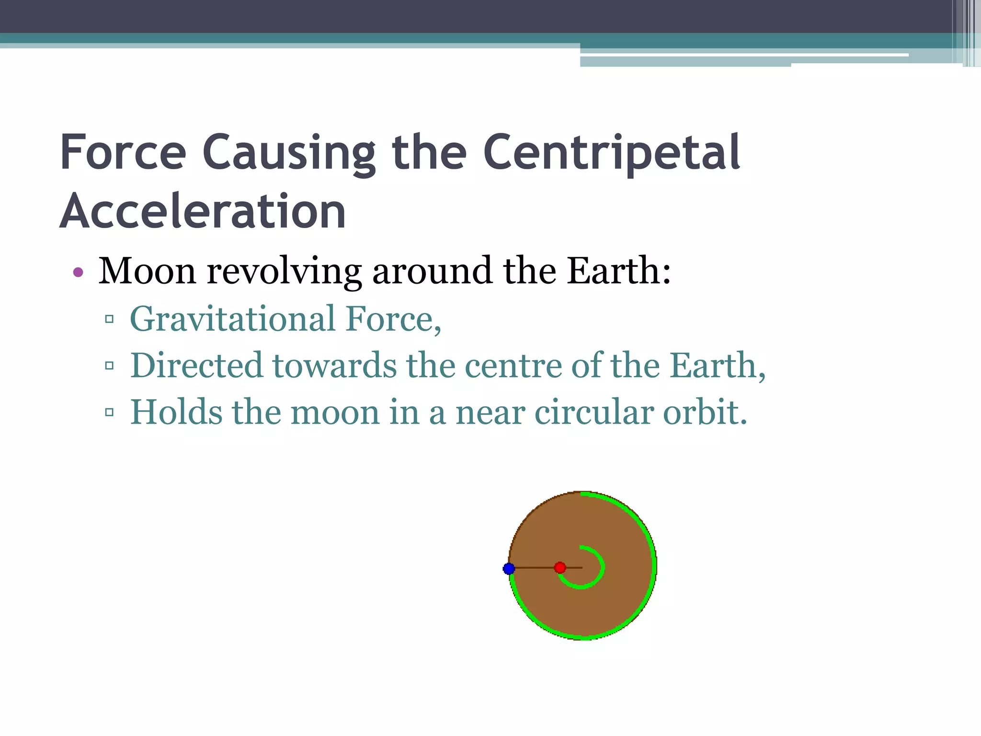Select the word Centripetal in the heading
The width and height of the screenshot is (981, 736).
click(612, 152)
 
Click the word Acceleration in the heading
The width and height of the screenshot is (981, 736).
click(203, 211)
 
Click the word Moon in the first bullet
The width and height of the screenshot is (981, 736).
click(147, 271)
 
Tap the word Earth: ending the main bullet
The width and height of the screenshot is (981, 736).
click(618, 271)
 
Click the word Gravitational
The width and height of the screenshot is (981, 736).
click(233, 319)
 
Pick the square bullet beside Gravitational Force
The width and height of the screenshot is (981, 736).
click(109, 319)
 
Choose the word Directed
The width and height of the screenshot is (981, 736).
click(196, 365)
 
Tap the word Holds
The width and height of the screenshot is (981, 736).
click(176, 412)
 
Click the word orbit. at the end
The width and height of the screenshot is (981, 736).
click(705, 412)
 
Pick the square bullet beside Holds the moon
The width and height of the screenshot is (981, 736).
click(109, 412)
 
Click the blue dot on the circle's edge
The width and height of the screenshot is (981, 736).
click(509, 569)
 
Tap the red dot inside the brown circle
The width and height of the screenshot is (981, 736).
click(560, 568)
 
